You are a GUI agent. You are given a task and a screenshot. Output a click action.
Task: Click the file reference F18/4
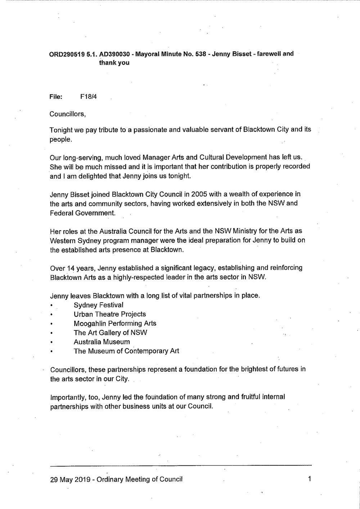click(90, 97)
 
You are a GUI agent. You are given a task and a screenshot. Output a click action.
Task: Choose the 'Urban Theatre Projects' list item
click(109, 314)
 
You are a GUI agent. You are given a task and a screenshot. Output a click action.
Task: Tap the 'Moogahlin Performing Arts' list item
click(115, 323)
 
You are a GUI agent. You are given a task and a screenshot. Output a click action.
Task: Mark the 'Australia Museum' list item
click(102, 342)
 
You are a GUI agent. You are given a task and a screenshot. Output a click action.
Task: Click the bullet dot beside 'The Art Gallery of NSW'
click(52, 333)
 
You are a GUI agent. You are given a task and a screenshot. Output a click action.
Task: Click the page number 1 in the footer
click(309, 480)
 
